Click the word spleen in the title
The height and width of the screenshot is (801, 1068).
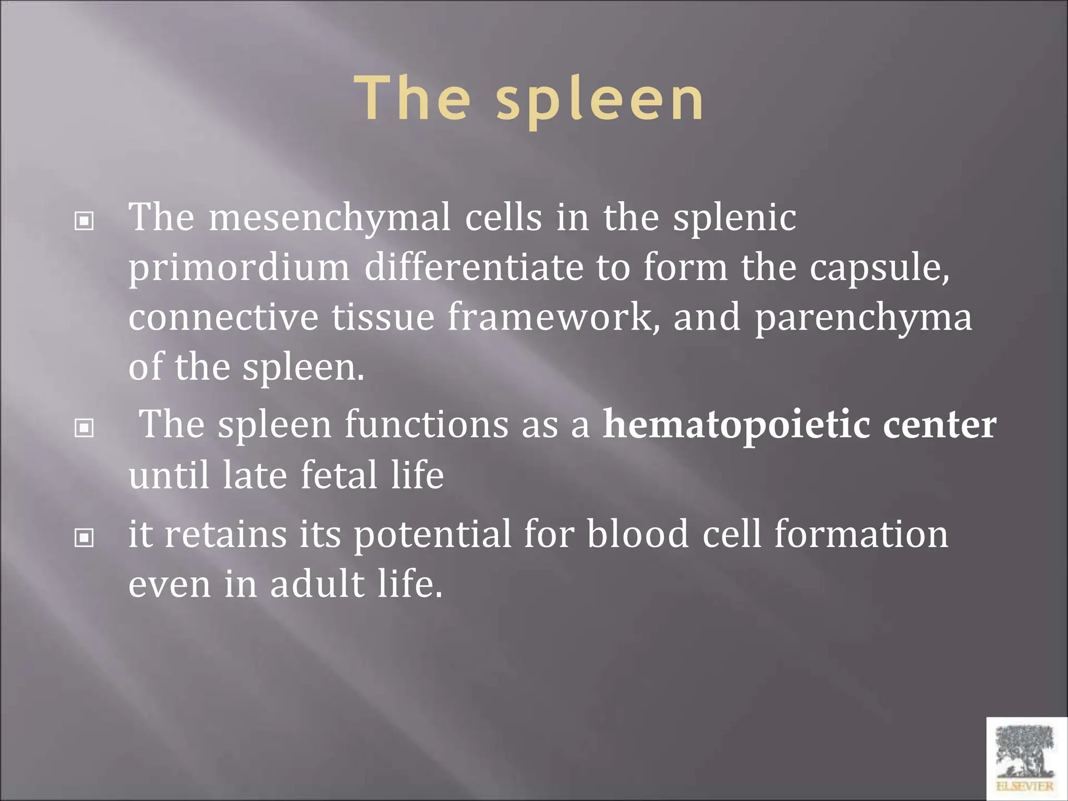tap(600, 99)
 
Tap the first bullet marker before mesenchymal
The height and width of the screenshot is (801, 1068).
tap(84, 221)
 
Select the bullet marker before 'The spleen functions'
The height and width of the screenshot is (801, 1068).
tap(84, 428)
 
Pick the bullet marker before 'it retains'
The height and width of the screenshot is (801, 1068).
tap(84, 538)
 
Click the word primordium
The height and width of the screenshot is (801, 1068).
tap(239, 268)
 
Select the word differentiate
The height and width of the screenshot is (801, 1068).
tap(474, 266)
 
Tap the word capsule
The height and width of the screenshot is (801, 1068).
tap(878, 268)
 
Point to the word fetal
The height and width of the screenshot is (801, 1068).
tap(339, 475)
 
